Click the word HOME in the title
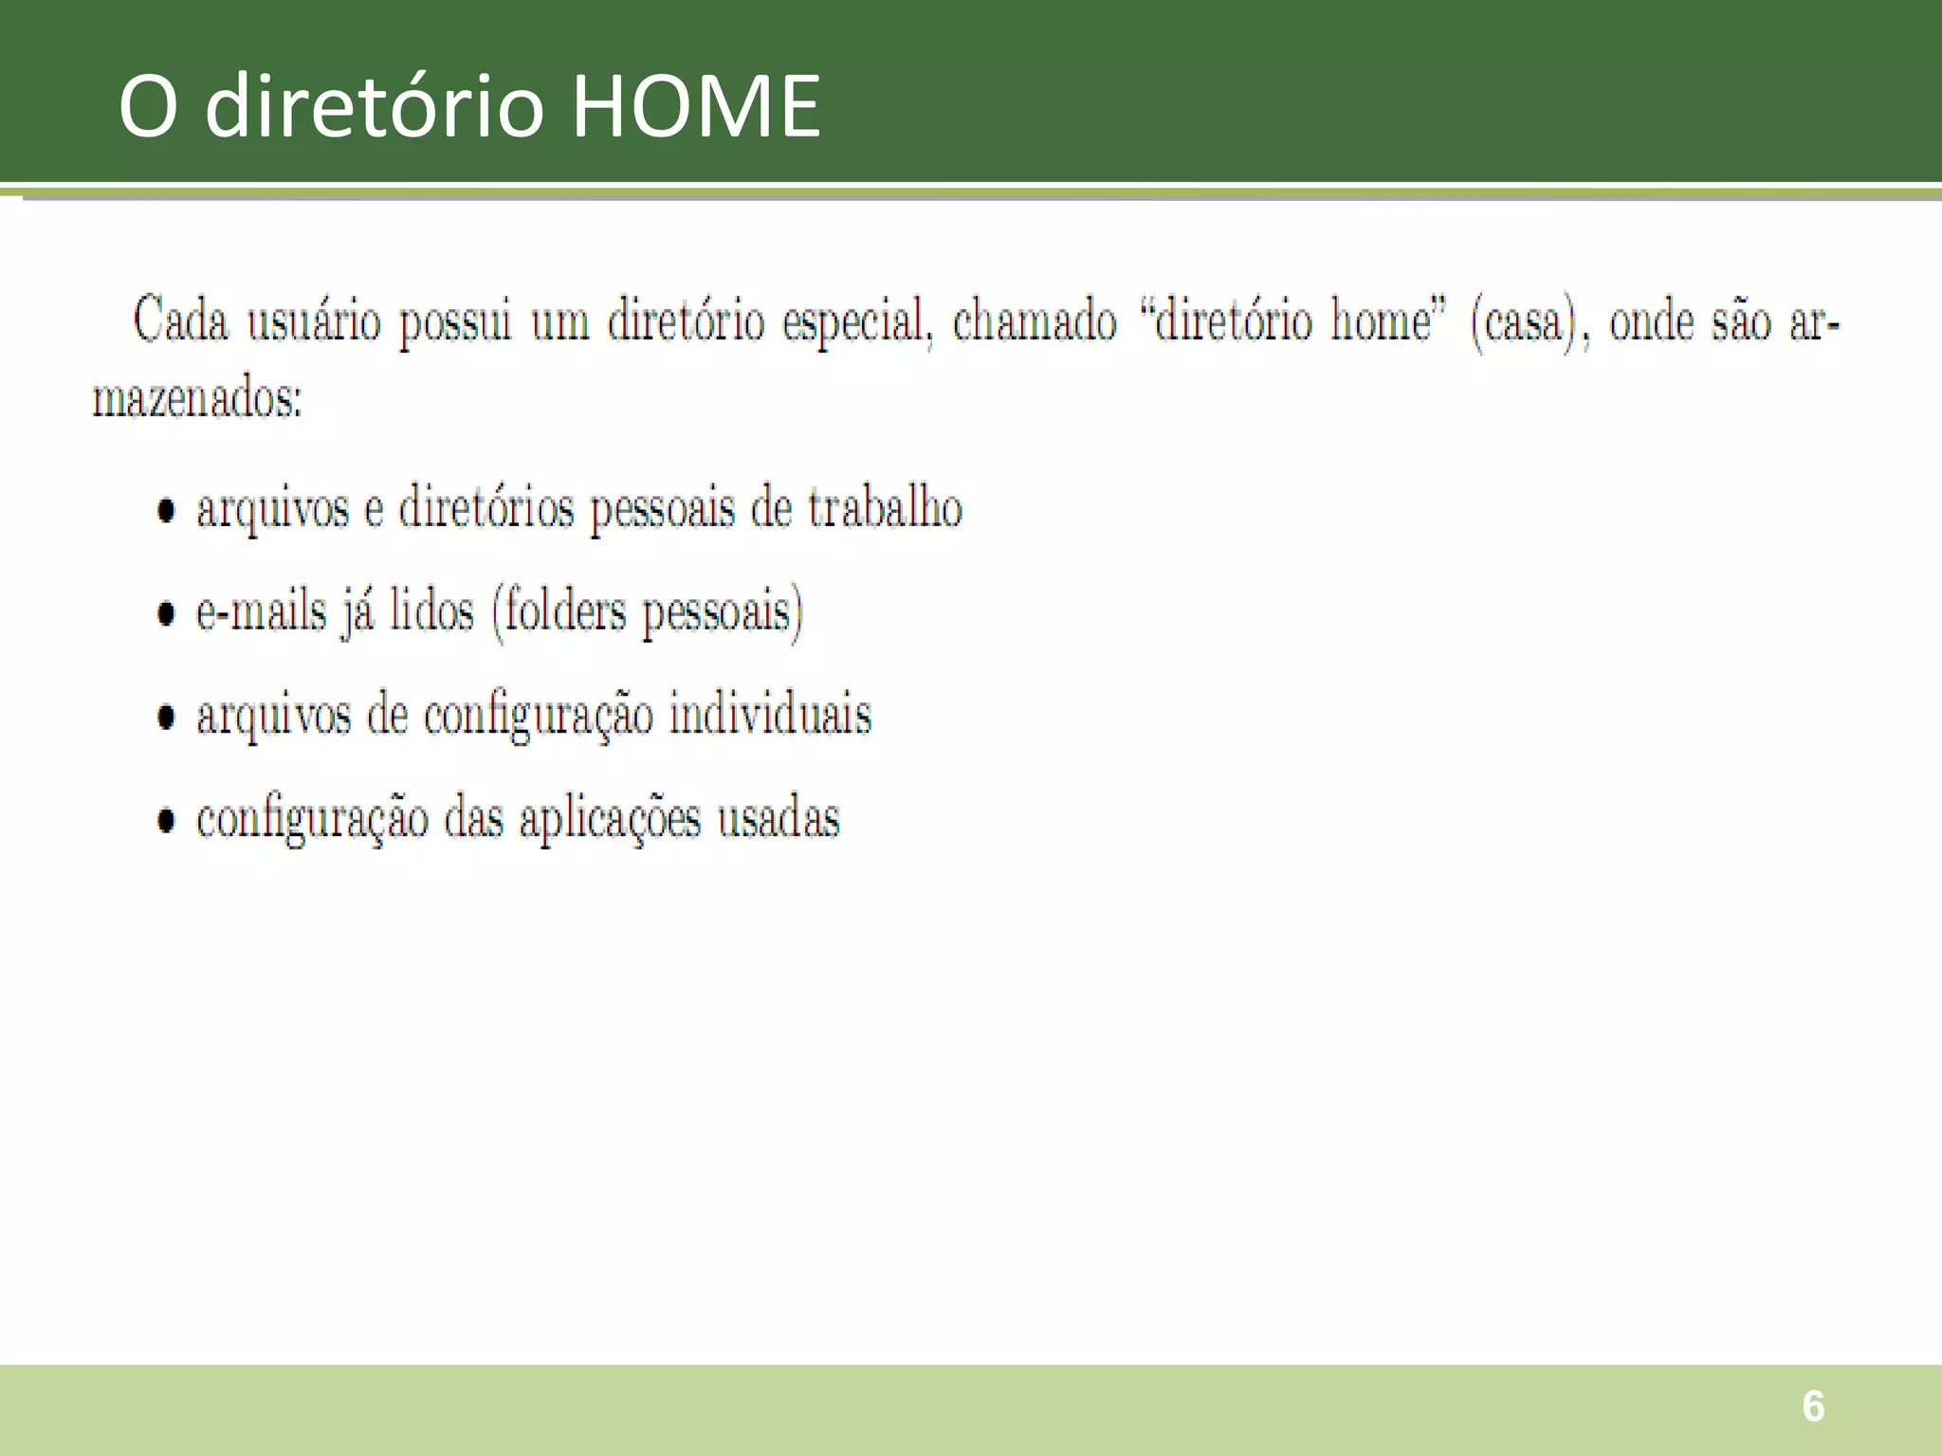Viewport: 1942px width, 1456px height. (x=696, y=106)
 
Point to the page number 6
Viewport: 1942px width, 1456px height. (x=1813, y=1407)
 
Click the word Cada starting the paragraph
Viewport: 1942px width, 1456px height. (x=181, y=319)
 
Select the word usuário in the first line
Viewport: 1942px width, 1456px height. (x=314, y=320)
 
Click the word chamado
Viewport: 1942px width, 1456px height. (x=1035, y=320)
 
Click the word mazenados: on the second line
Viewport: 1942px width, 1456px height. (x=197, y=398)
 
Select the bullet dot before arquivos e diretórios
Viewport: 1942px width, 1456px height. (x=167, y=510)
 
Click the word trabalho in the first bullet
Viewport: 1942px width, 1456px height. (x=885, y=507)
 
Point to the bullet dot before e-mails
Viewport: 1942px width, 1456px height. (x=167, y=613)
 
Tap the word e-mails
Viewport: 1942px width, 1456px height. (x=261, y=610)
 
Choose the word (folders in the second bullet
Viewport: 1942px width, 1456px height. (x=559, y=611)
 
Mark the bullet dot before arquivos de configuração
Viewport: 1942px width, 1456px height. (x=167, y=717)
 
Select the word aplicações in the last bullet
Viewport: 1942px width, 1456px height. (x=610, y=819)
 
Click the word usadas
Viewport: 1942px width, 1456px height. (x=778, y=818)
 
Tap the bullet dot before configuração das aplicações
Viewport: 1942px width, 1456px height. (x=167, y=820)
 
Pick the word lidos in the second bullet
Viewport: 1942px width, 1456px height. (x=431, y=610)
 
